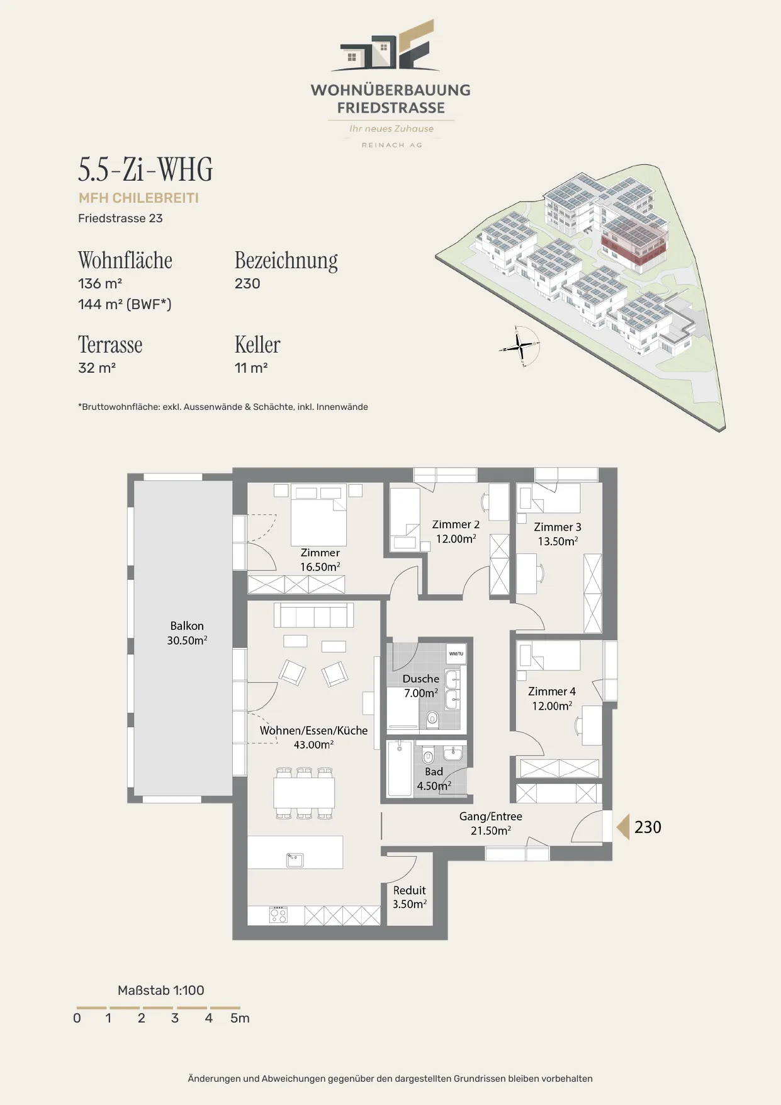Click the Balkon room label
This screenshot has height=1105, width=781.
pyautogui.click(x=187, y=626)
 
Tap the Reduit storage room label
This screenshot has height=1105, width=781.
pyautogui.click(x=410, y=890)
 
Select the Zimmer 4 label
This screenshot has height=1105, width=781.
pyautogui.click(x=552, y=691)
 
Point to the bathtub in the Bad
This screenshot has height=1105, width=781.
pyautogui.click(x=400, y=769)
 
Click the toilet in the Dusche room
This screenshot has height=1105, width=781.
pyautogui.click(x=432, y=718)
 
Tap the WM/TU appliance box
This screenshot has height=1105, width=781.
pyautogui.click(x=456, y=654)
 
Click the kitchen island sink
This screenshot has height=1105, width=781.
pyautogui.click(x=295, y=859)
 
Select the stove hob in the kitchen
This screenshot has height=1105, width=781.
pyautogui.click(x=278, y=915)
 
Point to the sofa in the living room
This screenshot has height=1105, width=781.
pyautogui.click(x=313, y=615)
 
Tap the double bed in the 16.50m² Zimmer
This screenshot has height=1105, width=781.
pyautogui.click(x=318, y=514)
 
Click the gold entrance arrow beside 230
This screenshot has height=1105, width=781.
pyautogui.click(x=622, y=827)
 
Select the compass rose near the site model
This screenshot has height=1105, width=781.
pyautogui.click(x=520, y=346)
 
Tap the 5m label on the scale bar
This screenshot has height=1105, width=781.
pyautogui.click(x=240, y=1018)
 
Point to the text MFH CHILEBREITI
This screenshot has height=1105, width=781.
pyautogui.click(x=138, y=198)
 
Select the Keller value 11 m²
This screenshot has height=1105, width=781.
pyautogui.click(x=251, y=368)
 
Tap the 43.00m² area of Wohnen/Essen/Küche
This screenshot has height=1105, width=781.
pyautogui.click(x=313, y=744)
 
